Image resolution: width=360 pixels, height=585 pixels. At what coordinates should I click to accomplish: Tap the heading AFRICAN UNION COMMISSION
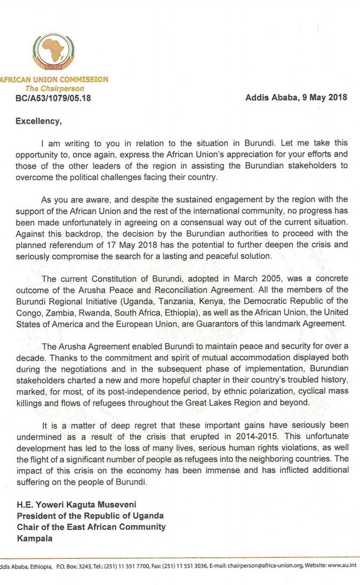tap(54, 80)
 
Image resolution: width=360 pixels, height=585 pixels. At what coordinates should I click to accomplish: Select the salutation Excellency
tap(39, 121)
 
